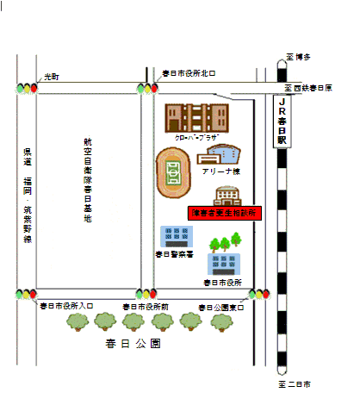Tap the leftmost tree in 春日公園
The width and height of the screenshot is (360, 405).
[78, 321]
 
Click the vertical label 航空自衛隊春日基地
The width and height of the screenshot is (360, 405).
[87, 181]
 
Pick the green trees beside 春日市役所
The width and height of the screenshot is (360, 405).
[221, 242]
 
